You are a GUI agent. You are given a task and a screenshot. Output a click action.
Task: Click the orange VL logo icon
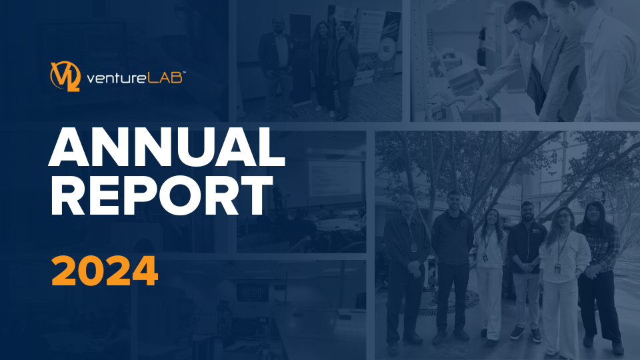[65, 76]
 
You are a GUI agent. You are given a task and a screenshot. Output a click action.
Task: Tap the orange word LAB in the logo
[159, 77]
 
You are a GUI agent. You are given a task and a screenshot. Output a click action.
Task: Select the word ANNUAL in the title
[167, 147]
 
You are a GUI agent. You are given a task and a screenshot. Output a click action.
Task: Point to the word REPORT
[161, 195]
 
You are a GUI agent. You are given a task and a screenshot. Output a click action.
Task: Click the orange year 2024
[105, 271]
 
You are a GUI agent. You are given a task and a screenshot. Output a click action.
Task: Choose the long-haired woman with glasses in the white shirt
[563, 281]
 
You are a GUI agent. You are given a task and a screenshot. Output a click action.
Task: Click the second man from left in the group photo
[452, 265]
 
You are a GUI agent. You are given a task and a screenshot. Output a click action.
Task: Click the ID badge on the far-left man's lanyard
[413, 247]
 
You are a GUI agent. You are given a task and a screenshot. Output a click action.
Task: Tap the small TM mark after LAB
[184, 73]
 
